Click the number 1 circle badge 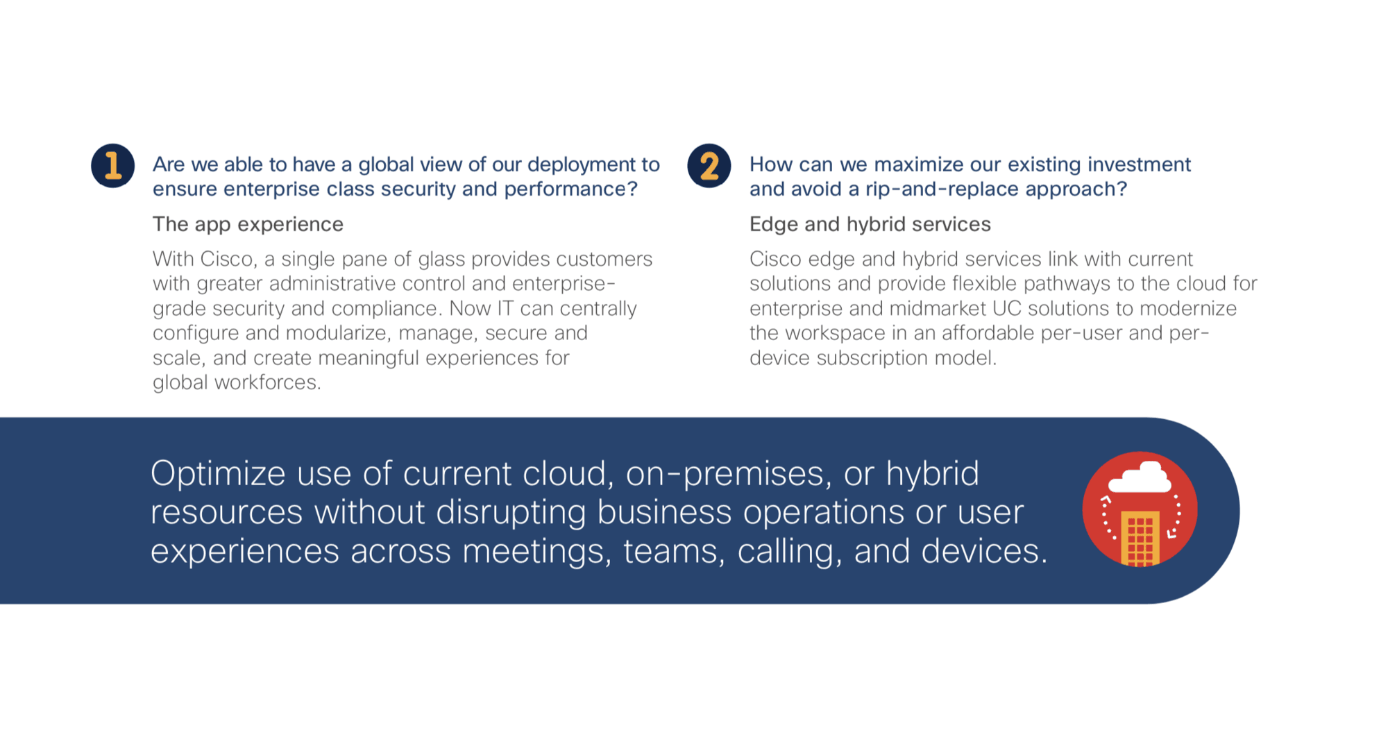point(113,166)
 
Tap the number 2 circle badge point(709,166)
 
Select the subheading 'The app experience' point(248,224)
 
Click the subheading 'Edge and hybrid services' point(870,224)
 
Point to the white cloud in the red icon point(1140,478)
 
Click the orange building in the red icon point(1140,539)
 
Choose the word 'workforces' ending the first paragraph point(267,382)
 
